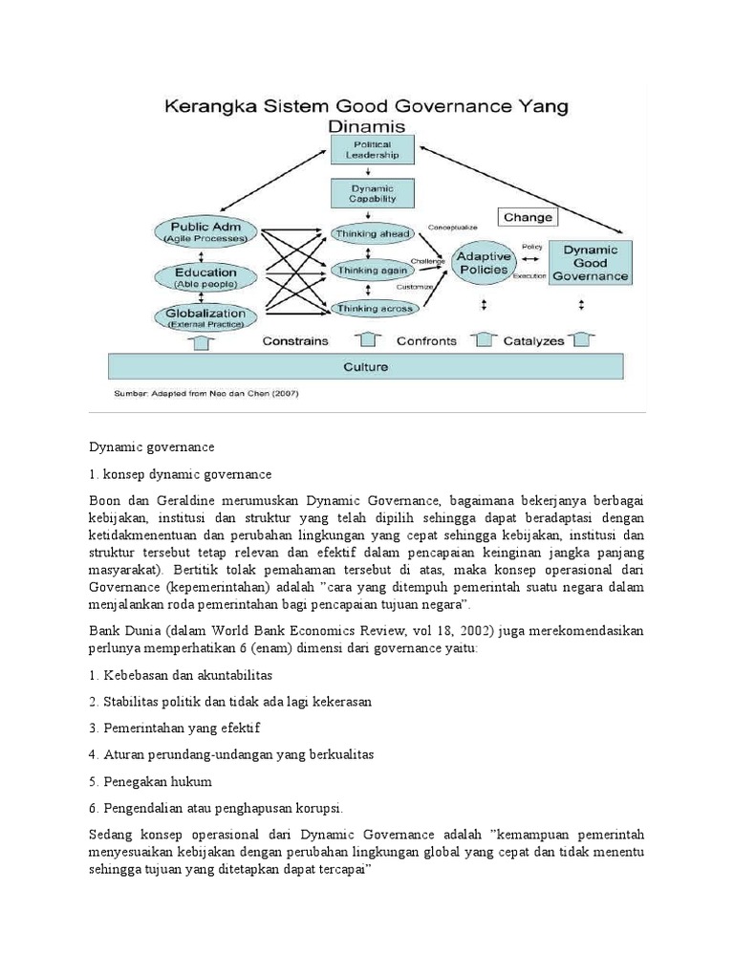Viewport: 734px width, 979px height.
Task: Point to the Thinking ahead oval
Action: point(373,233)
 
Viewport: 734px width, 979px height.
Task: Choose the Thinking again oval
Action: point(373,271)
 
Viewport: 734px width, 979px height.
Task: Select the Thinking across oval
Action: point(373,308)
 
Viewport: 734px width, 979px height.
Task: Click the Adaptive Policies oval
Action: point(483,264)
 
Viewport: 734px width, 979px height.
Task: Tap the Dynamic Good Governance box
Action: point(590,263)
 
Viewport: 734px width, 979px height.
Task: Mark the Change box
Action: point(527,217)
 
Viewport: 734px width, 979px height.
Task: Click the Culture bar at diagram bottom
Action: point(366,366)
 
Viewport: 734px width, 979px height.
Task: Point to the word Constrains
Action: point(295,339)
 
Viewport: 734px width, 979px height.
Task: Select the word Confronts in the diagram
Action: point(427,339)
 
